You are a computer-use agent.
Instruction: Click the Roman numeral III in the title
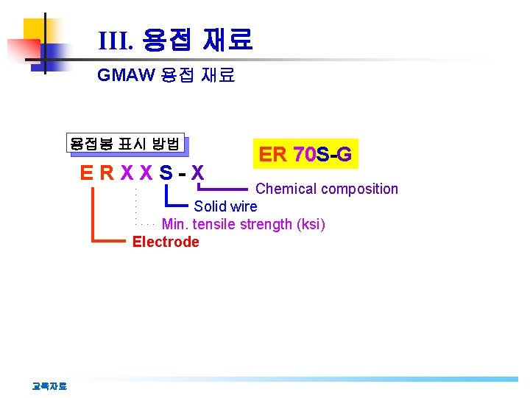point(115,41)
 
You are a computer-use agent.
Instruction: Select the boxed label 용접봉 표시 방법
point(124,144)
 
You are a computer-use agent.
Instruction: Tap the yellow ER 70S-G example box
point(305,154)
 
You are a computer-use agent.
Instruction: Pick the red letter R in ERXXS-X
point(107,175)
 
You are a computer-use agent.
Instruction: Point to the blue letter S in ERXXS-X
point(166,175)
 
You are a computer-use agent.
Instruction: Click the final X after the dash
point(197,175)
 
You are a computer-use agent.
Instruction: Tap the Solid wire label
point(225,206)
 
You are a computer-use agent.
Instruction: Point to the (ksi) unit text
point(309,224)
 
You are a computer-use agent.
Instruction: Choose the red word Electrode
point(166,242)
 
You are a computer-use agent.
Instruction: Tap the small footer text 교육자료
point(49,385)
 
